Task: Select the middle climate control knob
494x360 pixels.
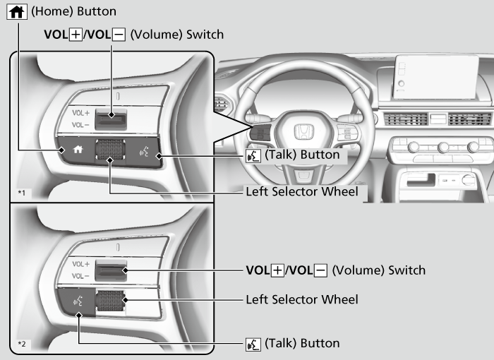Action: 442,148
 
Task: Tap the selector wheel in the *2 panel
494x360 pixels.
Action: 110,301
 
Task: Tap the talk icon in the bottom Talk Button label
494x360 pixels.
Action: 253,344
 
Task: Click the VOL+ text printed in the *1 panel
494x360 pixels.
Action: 80,113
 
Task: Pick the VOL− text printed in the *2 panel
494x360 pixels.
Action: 80,276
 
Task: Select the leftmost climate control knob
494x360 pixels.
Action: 412,148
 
